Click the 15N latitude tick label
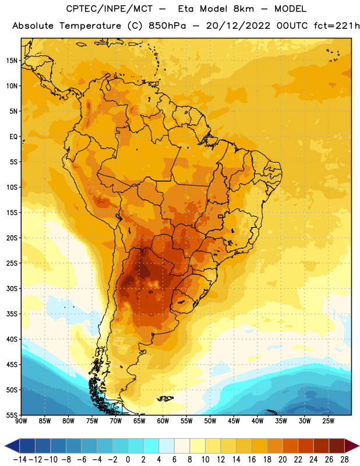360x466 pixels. (x=12, y=61)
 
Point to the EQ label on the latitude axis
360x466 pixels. (x=13, y=137)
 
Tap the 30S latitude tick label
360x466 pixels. (x=12, y=288)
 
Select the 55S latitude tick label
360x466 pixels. (x=12, y=415)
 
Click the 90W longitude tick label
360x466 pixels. (x=21, y=421)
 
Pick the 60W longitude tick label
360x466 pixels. (x=163, y=421)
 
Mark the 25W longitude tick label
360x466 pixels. (x=328, y=421)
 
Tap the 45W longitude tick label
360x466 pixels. (x=234, y=421)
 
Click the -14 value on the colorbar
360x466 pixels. (x=20, y=460)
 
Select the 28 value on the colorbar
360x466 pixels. (x=344, y=460)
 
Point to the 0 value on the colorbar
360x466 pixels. (x=128, y=460)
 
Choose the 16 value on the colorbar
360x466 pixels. (x=252, y=460)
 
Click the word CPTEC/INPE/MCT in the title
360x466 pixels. (x=109, y=9)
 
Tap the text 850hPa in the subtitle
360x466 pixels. (x=167, y=26)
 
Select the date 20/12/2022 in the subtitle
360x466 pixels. (x=238, y=26)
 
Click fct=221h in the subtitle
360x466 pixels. (x=337, y=26)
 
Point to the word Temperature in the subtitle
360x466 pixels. (x=90, y=26)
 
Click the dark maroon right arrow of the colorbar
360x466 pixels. (x=352, y=446)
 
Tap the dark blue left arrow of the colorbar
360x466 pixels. (x=12, y=446)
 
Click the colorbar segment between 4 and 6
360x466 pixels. (x=167, y=446)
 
